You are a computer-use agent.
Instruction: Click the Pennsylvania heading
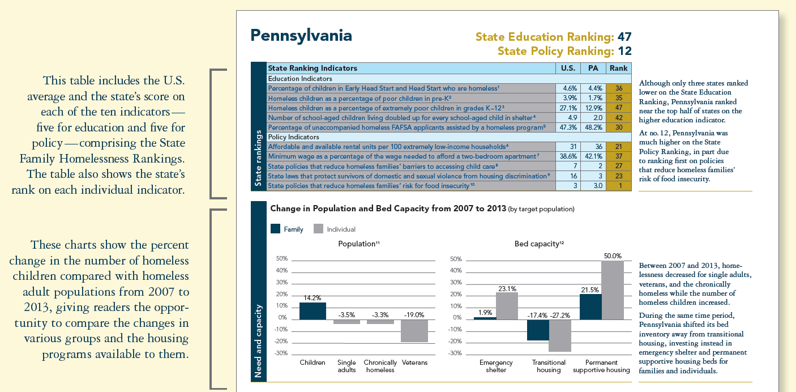301,36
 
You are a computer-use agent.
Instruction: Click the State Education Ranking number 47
624,37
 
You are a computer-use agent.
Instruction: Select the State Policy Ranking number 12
624,52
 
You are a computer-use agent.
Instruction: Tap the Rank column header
618,68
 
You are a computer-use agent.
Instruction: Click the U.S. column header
568,68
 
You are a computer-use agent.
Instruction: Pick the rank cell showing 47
618,108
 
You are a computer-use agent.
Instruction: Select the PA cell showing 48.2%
593,127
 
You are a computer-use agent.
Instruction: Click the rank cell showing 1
618,186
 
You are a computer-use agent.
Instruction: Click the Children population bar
313,311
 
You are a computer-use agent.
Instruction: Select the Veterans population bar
414,331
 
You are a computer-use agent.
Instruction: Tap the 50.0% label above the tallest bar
613,256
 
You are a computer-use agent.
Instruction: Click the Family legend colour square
276,229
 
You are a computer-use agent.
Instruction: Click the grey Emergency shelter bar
507,306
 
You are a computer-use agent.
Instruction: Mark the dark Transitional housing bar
538,330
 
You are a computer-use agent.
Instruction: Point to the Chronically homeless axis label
380,366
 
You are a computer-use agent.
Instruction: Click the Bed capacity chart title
539,244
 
